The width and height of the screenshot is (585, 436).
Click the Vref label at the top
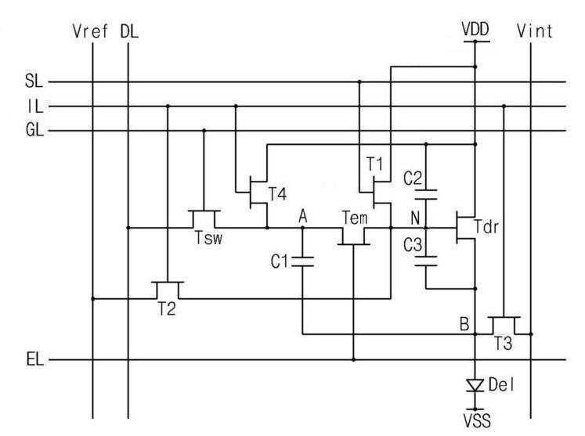[x=90, y=31]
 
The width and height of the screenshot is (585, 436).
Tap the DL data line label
[x=129, y=31]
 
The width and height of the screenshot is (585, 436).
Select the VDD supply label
[x=475, y=29]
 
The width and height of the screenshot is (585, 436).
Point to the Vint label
[x=534, y=31]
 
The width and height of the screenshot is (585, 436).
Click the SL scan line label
[x=34, y=81]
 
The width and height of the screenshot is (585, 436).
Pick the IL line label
[x=35, y=106]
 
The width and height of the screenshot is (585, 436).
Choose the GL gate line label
[x=34, y=130]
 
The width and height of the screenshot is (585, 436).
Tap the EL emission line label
[x=35, y=359]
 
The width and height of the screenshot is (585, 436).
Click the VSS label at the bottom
[x=477, y=420]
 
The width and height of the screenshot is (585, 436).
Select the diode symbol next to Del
[x=475, y=385]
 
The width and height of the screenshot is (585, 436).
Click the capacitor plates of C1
[x=302, y=261]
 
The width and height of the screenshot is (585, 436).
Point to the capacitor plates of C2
[x=426, y=194]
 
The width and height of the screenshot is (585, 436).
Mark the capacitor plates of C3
[x=426, y=261]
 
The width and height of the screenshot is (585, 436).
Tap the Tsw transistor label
[x=208, y=238]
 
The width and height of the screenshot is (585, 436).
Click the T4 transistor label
[x=278, y=194]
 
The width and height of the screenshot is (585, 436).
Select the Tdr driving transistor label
[x=486, y=226]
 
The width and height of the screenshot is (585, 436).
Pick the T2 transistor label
[x=166, y=308]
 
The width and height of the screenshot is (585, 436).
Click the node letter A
[x=303, y=216]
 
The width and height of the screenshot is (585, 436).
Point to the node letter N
[x=415, y=218]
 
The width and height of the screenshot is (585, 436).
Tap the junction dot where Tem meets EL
[x=354, y=360]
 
